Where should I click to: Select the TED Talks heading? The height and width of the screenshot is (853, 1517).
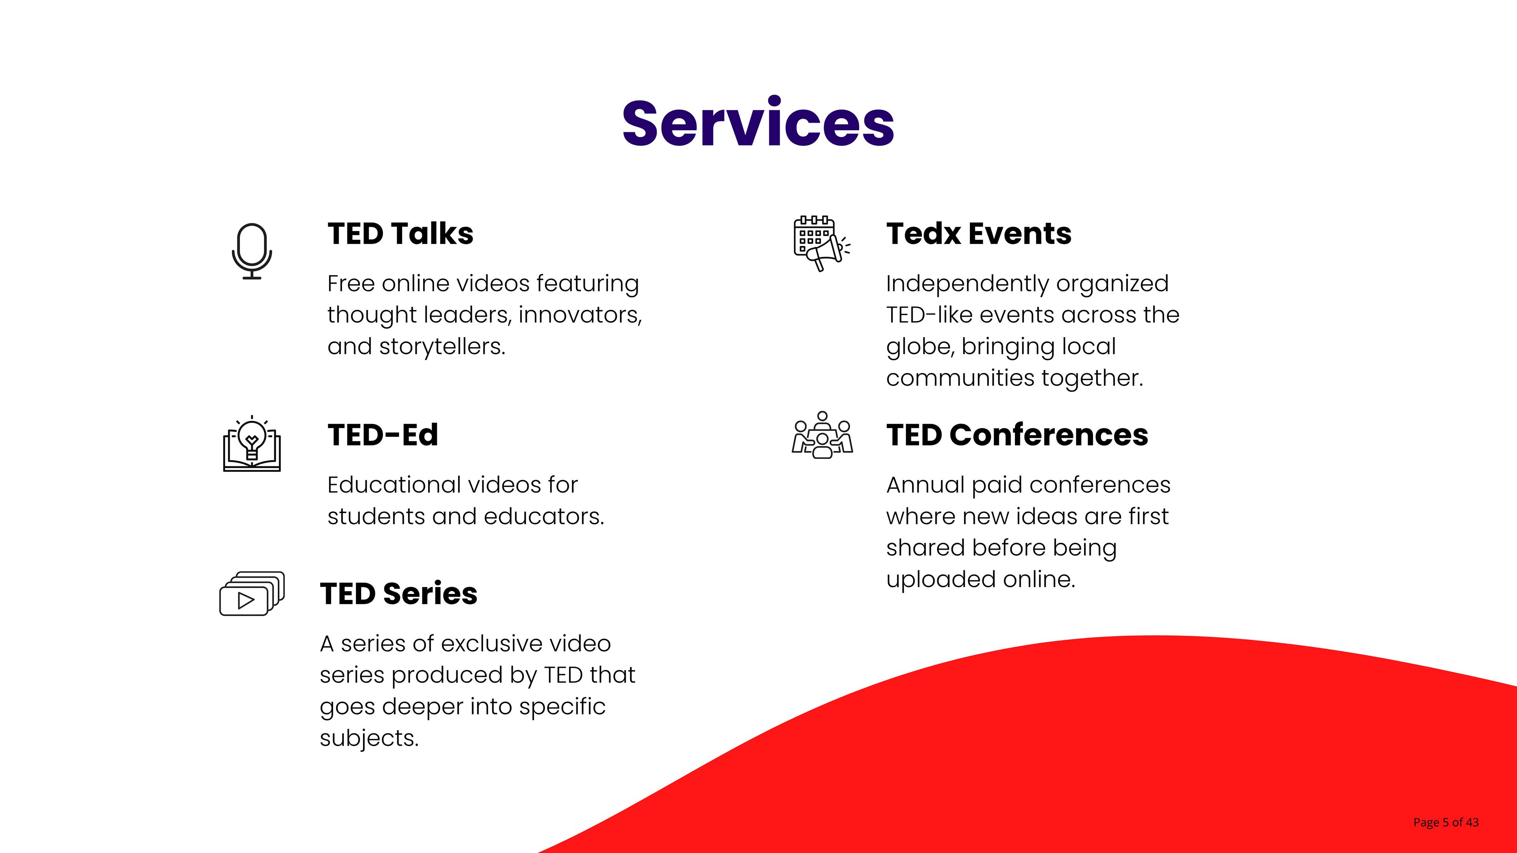401,234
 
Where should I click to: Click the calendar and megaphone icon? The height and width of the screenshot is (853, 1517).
822,243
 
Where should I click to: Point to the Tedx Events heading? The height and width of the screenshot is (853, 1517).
979,234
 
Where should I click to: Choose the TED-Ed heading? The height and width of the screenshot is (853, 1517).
383,435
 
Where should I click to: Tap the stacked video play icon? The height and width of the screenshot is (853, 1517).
252,594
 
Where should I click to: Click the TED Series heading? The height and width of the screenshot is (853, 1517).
399,594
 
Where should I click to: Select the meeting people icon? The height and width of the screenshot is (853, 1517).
822,435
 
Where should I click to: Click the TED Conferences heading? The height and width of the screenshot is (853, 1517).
1017,435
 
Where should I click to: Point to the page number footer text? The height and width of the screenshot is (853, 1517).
1446,822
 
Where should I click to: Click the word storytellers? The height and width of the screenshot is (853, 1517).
442,347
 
